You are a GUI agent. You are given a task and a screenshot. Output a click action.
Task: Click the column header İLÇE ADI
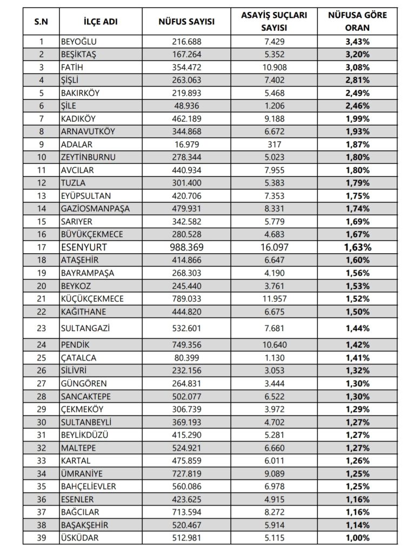tap(101, 22)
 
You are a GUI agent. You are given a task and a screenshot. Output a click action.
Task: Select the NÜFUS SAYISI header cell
tap(186, 22)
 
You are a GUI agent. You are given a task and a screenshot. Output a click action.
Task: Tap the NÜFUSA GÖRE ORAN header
tap(357, 22)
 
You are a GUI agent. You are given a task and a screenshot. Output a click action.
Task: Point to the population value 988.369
tap(186, 247)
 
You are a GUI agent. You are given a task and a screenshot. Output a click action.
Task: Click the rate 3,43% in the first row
tap(357, 42)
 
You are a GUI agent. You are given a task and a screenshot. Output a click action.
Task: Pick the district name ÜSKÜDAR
tap(81, 538)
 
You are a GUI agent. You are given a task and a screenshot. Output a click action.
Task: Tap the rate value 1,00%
tap(357, 538)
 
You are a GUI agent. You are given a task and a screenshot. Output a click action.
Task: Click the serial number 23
tap(41, 328)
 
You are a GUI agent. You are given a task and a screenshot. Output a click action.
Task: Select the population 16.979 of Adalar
tap(186, 144)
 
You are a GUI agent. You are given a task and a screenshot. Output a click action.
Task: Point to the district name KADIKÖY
tap(79, 118)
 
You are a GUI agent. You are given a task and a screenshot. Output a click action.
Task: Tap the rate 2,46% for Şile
tap(357, 106)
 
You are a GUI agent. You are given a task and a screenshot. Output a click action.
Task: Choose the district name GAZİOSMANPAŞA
tap(95, 209)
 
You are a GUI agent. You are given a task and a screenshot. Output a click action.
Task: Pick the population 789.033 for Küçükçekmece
tap(186, 299)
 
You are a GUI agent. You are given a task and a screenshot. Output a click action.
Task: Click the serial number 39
tap(41, 538)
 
